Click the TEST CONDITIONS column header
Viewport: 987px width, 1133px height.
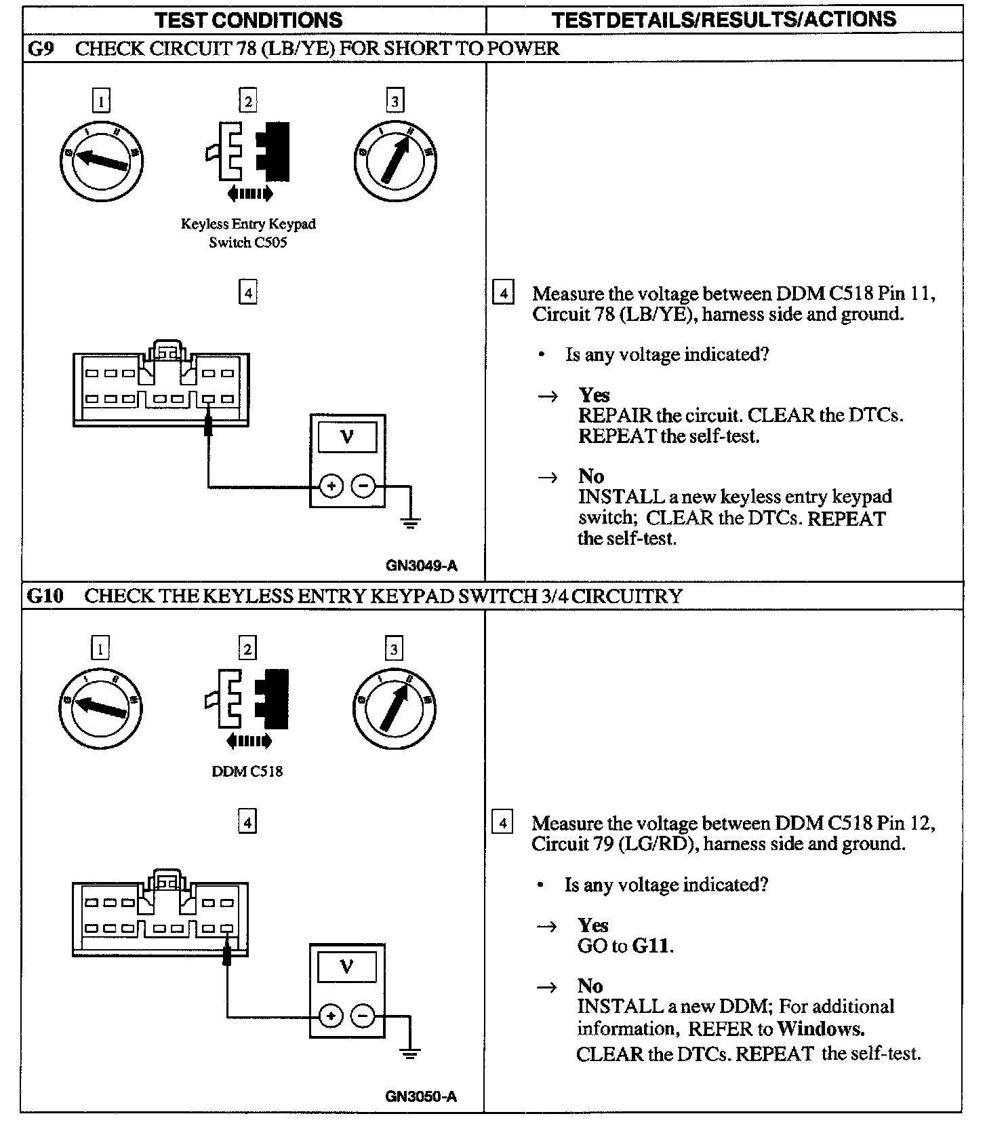249,20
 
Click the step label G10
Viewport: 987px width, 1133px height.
45,596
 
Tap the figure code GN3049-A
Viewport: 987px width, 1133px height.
422,565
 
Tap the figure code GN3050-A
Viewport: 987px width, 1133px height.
421,1096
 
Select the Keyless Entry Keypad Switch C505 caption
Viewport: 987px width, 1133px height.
248,233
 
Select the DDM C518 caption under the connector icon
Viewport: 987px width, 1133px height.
247,771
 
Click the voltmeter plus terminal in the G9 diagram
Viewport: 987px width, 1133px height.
331,486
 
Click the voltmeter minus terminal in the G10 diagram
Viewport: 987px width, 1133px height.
363,1016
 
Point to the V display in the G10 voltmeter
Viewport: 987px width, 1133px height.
346,966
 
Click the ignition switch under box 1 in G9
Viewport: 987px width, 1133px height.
101,161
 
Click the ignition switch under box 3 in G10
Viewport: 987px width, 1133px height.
394,709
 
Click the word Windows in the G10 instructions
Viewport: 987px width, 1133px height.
820,1029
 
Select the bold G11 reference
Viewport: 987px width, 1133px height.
651,946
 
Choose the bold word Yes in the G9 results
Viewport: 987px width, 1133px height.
594,395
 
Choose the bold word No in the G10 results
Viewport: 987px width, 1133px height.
590,986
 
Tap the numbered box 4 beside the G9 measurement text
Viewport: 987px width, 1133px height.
502,294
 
